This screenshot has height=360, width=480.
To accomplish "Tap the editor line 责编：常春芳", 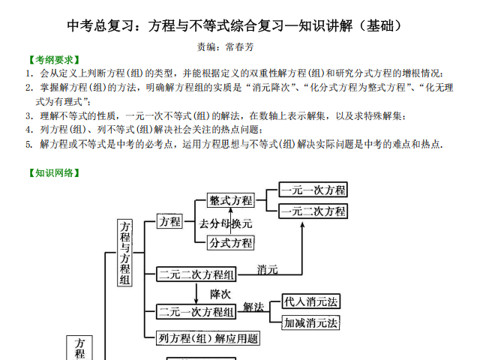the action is (x=225, y=46).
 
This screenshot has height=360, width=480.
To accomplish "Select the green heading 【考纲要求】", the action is (x=54, y=60).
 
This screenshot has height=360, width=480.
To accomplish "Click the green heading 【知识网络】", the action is (x=54, y=173).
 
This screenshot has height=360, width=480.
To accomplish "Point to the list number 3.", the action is (x=29, y=116).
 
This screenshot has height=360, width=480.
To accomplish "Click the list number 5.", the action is (x=29, y=144).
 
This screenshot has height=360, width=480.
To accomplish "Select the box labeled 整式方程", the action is (x=231, y=200).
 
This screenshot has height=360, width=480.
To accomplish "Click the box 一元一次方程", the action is (x=313, y=190).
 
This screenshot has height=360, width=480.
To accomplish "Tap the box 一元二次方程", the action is (x=313, y=211).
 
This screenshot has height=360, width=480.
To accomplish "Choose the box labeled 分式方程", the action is (x=231, y=243).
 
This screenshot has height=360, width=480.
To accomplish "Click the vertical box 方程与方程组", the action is (x=124, y=253).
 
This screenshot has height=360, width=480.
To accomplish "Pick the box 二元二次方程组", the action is (x=196, y=274).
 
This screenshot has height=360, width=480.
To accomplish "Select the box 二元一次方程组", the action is (x=196, y=312).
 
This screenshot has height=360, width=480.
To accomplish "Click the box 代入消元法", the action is (x=310, y=301).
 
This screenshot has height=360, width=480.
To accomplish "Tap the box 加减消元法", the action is (x=310, y=322).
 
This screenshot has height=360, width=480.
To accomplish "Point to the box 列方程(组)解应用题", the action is (x=208, y=338).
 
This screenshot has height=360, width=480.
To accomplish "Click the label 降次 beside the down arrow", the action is (x=220, y=294).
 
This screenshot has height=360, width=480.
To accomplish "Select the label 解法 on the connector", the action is (x=253, y=307).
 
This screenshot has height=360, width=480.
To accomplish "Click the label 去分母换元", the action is (x=226, y=223).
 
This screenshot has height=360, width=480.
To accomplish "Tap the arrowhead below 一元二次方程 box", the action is (x=302, y=225).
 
